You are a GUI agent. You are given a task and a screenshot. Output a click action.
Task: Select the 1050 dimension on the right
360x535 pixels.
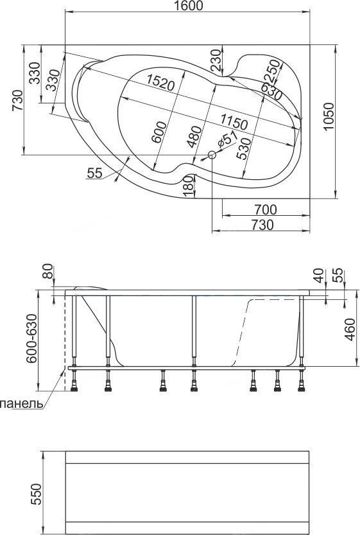pos(329,116)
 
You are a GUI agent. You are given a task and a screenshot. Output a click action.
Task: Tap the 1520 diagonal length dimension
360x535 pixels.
pos(160,82)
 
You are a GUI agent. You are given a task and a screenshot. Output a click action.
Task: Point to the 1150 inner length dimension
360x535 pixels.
pos(234,121)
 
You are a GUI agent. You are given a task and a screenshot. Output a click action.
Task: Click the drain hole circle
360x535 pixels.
pos(212,155)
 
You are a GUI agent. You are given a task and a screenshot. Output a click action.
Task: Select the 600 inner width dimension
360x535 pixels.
pos(159,132)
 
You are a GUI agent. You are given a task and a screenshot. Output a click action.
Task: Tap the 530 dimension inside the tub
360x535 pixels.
pos(244,149)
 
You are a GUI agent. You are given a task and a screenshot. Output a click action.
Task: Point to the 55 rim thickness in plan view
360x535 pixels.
pos(94,173)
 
